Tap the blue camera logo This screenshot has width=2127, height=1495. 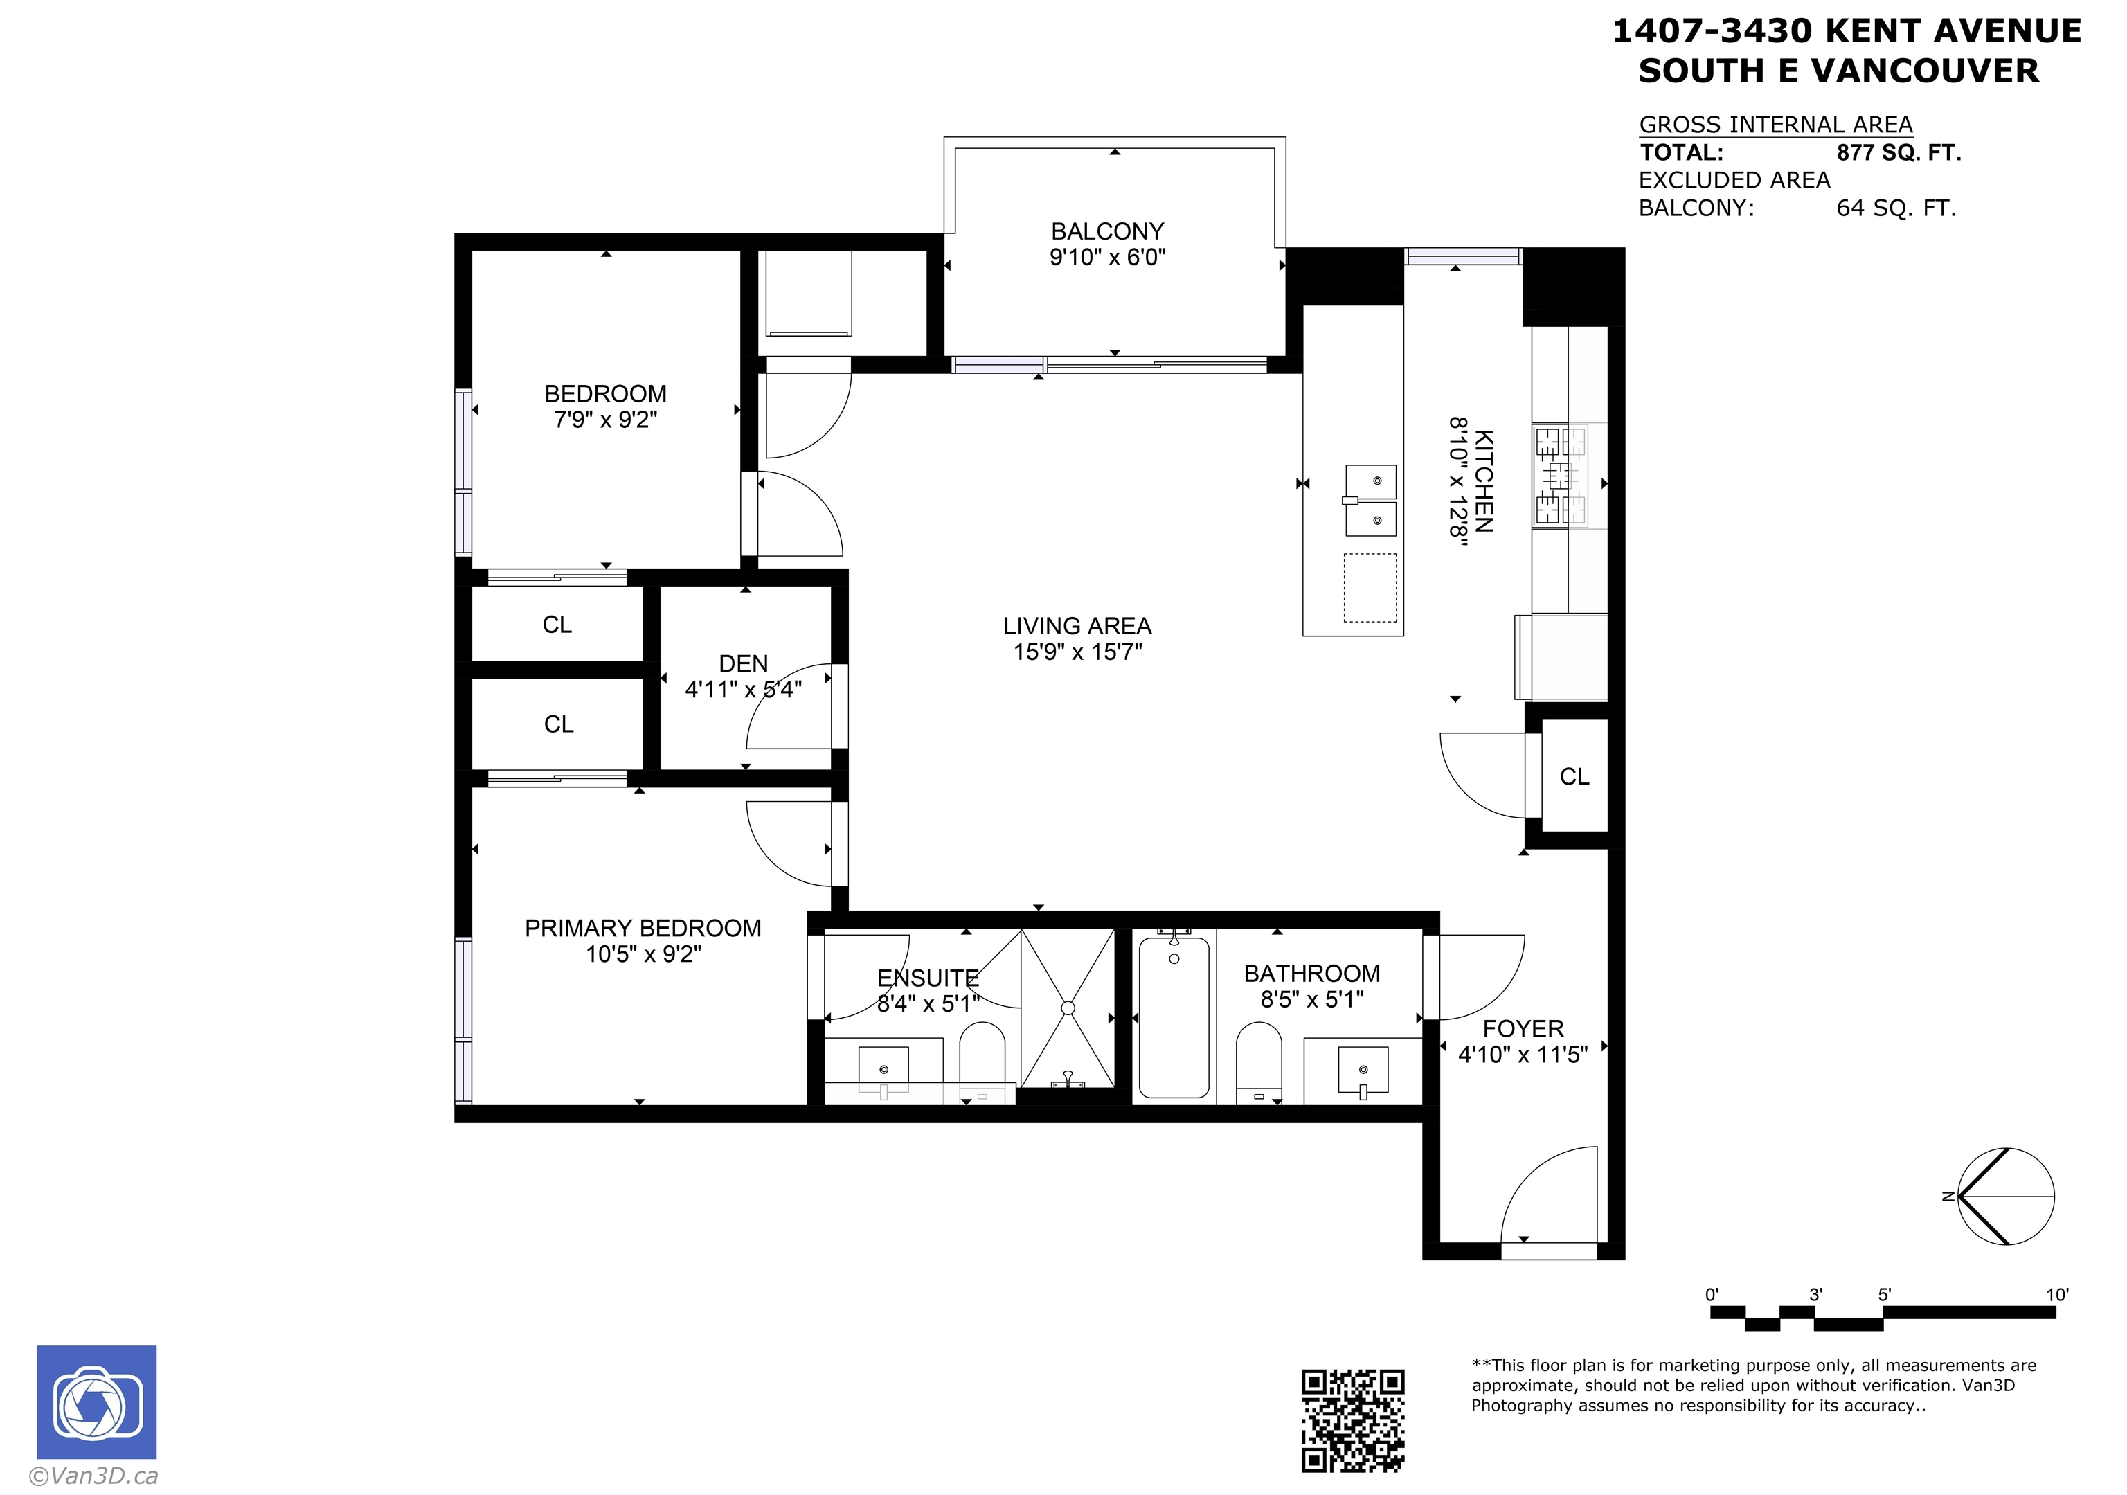(x=96, y=1402)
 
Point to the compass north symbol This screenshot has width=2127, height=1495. (x=2006, y=1196)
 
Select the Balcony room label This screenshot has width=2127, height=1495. (x=1107, y=231)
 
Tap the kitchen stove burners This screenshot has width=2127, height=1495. (x=1560, y=475)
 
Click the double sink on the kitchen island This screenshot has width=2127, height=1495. (x=1371, y=500)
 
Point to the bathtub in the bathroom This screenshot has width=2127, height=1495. (x=1174, y=1016)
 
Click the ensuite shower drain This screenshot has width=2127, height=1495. (x=1068, y=1008)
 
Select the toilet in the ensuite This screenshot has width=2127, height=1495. (x=982, y=1062)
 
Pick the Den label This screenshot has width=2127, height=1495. (x=743, y=663)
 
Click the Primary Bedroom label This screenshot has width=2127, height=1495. (x=643, y=928)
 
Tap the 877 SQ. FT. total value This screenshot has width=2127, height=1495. (x=1899, y=153)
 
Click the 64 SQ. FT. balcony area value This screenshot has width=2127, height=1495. (x=1896, y=208)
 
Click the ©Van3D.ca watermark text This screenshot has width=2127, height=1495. (x=93, y=1476)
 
